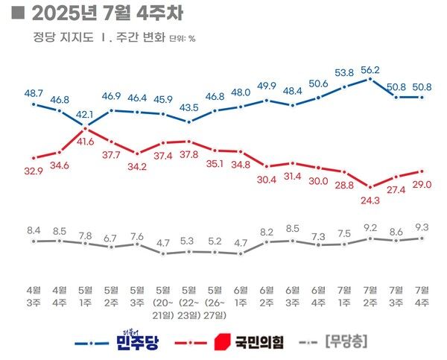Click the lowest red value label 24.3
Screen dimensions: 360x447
(x=370, y=200)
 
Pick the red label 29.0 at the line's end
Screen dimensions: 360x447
(x=424, y=183)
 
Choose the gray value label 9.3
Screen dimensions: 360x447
(x=422, y=226)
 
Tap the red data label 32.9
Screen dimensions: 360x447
(x=34, y=170)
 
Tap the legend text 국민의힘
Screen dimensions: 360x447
(x=260, y=342)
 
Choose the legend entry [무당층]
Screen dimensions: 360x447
(x=347, y=342)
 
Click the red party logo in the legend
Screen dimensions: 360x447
(x=221, y=342)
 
